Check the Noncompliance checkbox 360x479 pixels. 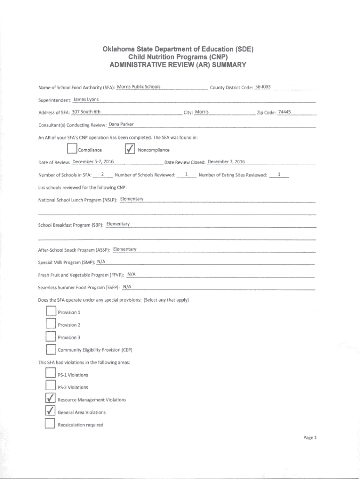pos(130,149)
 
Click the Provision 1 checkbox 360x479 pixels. pos(50,312)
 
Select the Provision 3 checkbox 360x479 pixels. pos(50,337)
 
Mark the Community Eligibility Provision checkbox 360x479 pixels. pos(50,349)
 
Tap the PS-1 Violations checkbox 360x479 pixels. pos(50,374)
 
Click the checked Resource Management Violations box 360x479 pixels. pos(50,399)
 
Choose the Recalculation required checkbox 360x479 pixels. pos(50,424)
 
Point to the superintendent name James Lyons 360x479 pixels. pos(86,99)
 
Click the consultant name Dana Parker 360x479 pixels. pos(122,124)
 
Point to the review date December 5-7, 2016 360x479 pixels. pos(94,162)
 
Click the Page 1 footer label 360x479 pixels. pos(310,437)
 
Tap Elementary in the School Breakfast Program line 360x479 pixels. pos(118,224)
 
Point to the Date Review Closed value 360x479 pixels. pos(226,162)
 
